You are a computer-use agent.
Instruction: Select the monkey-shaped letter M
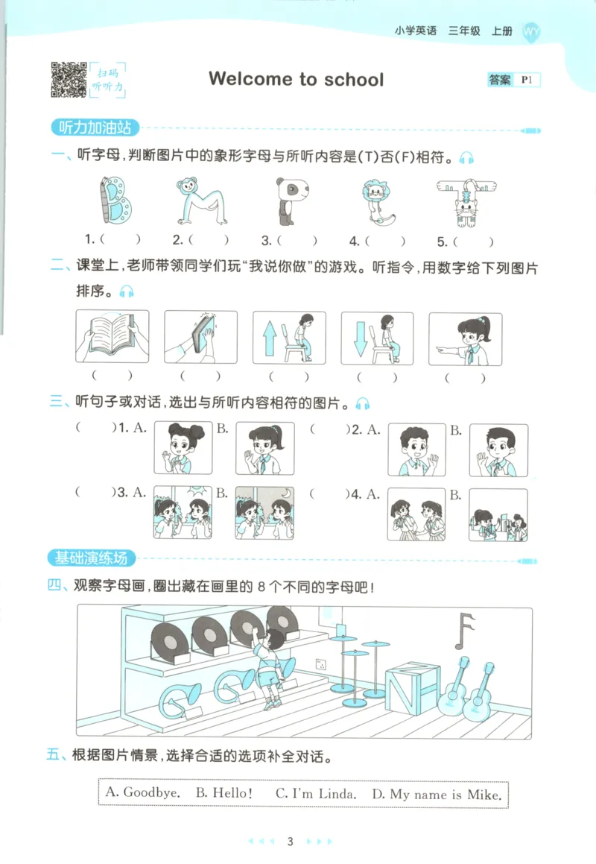click(198, 201)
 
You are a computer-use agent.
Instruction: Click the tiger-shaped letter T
click(466, 201)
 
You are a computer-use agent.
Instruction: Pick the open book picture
click(112, 337)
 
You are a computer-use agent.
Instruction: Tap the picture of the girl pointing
click(465, 338)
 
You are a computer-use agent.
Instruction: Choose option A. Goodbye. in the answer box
click(142, 792)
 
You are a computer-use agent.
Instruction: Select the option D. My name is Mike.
click(437, 793)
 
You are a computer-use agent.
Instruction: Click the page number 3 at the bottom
click(291, 842)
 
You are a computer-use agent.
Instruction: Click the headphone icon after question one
click(466, 157)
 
